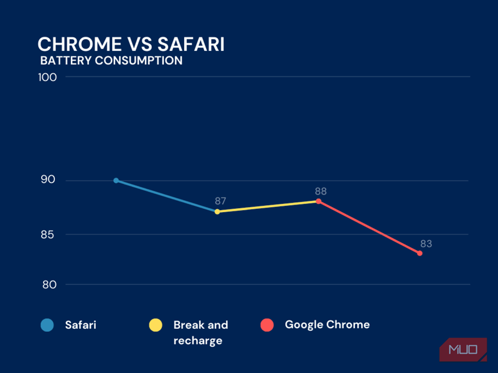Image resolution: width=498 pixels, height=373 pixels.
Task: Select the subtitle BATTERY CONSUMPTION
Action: pyautogui.click(x=111, y=61)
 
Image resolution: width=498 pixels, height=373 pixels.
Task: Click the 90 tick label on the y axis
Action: pyautogui.click(x=49, y=180)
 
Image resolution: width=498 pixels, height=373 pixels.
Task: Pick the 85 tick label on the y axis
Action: pyautogui.click(x=49, y=234)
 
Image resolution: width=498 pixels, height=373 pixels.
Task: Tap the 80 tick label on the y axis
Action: pyautogui.click(x=49, y=285)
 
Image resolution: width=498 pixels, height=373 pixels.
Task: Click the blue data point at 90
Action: pyautogui.click(x=116, y=180)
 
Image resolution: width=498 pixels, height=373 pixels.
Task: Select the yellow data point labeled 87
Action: pyautogui.click(x=217, y=212)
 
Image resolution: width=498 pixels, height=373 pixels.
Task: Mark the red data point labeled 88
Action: pyautogui.click(x=318, y=201)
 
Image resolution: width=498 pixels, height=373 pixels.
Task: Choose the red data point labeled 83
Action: pyautogui.click(x=420, y=254)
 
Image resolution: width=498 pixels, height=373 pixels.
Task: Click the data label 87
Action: pyautogui.click(x=220, y=201)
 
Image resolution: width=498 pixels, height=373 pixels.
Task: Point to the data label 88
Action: pyautogui.click(x=321, y=191)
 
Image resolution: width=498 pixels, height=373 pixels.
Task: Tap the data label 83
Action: pyautogui.click(x=426, y=244)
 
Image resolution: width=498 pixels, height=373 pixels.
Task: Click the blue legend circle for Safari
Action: pyautogui.click(x=47, y=325)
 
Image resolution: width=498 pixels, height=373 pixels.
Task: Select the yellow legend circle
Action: pyautogui.click(x=156, y=325)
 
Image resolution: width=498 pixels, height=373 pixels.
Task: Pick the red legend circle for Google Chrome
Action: pyautogui.click(x=268, y=325)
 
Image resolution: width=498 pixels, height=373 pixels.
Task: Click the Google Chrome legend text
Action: pyautogui.click(x=327, y=325)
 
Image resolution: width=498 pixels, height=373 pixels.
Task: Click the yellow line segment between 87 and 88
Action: pyautogui.click(x=268, y=206)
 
